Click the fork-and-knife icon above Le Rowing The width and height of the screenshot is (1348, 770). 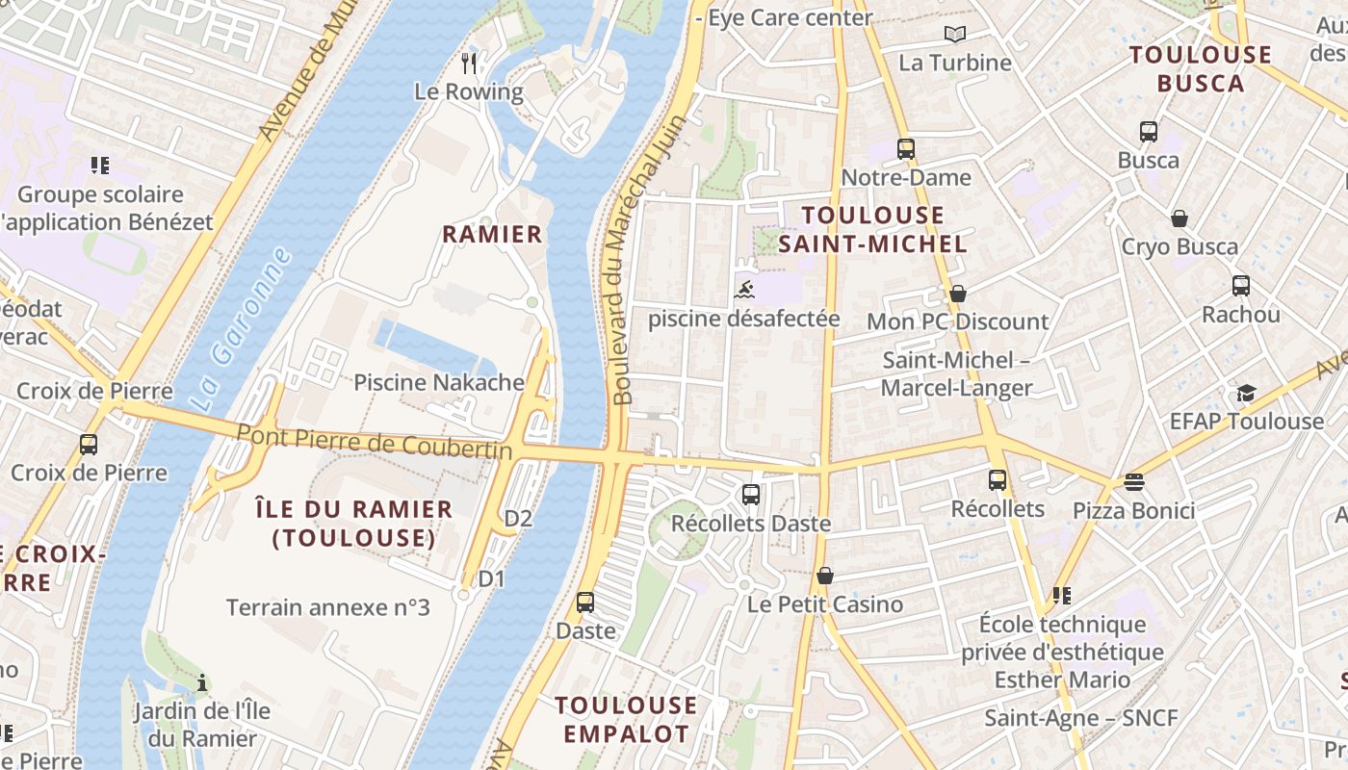pyautogui.click(x=469, y=64)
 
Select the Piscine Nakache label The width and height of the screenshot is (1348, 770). pyautogui.click(x=438, y=382)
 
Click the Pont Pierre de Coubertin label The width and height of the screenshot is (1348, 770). pyautogui.click(x=374, y=442)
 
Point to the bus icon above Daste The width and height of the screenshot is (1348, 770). pyautogui.click(x=584, y=603)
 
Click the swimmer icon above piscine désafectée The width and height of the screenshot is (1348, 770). pyautogui.click(x=744, y=289)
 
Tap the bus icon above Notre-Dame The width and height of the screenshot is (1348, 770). pyautogui.click(x=905, y=149)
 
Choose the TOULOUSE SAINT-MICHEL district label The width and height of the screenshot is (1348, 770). pyautogui.click(x=872, y=229)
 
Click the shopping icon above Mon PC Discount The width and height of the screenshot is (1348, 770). pyautogui.click(x=957, y=294)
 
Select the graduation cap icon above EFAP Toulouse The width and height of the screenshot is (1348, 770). pyautogui.click(x=1246, y=393)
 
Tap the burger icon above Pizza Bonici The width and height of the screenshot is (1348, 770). pyautogui.click(x=1134, y=482)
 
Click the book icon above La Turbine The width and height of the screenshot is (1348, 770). pyautogui.click(x=954, y=35)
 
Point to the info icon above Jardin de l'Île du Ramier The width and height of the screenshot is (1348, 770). pyautogui.click(x=201, y=683)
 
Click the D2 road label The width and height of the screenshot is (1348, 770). pyautogui.click(x=518, y=519)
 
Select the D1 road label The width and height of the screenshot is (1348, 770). pyautogui.click(x=491, y=578)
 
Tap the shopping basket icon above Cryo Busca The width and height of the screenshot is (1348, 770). pyautogui.click(x=1179, y=218)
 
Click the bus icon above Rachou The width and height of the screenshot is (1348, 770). pyautogui.click(x=1240, y=286)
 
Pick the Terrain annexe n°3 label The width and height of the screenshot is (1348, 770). pyautogui.click(x=327, y=607)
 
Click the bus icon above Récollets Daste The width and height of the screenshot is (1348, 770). pyautogui.click(x=750, y=495)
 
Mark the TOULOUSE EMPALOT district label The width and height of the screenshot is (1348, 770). pyautogui.click(x=626, y=719)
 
